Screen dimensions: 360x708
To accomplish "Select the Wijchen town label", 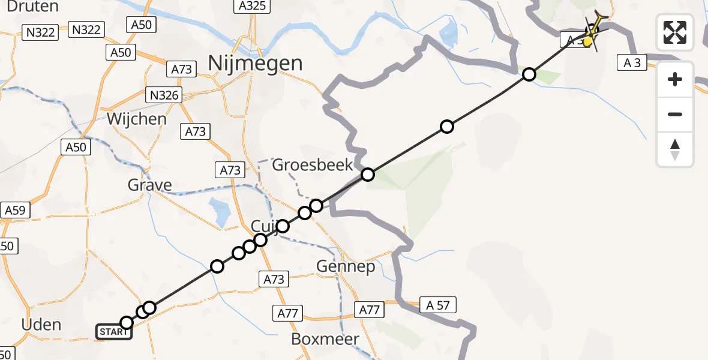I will [136, 118].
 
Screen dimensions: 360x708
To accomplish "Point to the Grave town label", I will [149, 185].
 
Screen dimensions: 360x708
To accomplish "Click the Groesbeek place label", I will [313, 164].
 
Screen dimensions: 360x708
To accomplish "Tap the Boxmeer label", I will [325, 338].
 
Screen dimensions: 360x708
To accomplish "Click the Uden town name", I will [40, 325].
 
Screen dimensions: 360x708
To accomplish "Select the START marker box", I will [113, 331].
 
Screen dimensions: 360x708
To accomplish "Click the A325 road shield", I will [250, 7].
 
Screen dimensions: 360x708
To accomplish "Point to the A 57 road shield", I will [438, 305].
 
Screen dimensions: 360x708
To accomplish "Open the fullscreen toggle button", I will [675, 32].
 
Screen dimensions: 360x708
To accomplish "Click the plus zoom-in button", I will [675, 79].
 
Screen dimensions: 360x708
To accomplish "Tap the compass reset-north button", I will [675, 149].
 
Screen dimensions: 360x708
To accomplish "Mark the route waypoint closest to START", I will [127, 323].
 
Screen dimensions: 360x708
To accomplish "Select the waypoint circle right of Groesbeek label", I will [367, 175].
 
